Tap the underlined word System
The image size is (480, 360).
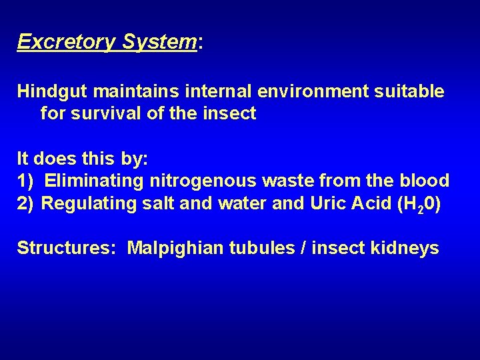point(159,42)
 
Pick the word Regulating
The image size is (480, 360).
point(89,203)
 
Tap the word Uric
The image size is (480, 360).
point(327,203)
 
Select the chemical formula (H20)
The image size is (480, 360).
point(418,204)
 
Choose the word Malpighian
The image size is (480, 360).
point(175,249)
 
